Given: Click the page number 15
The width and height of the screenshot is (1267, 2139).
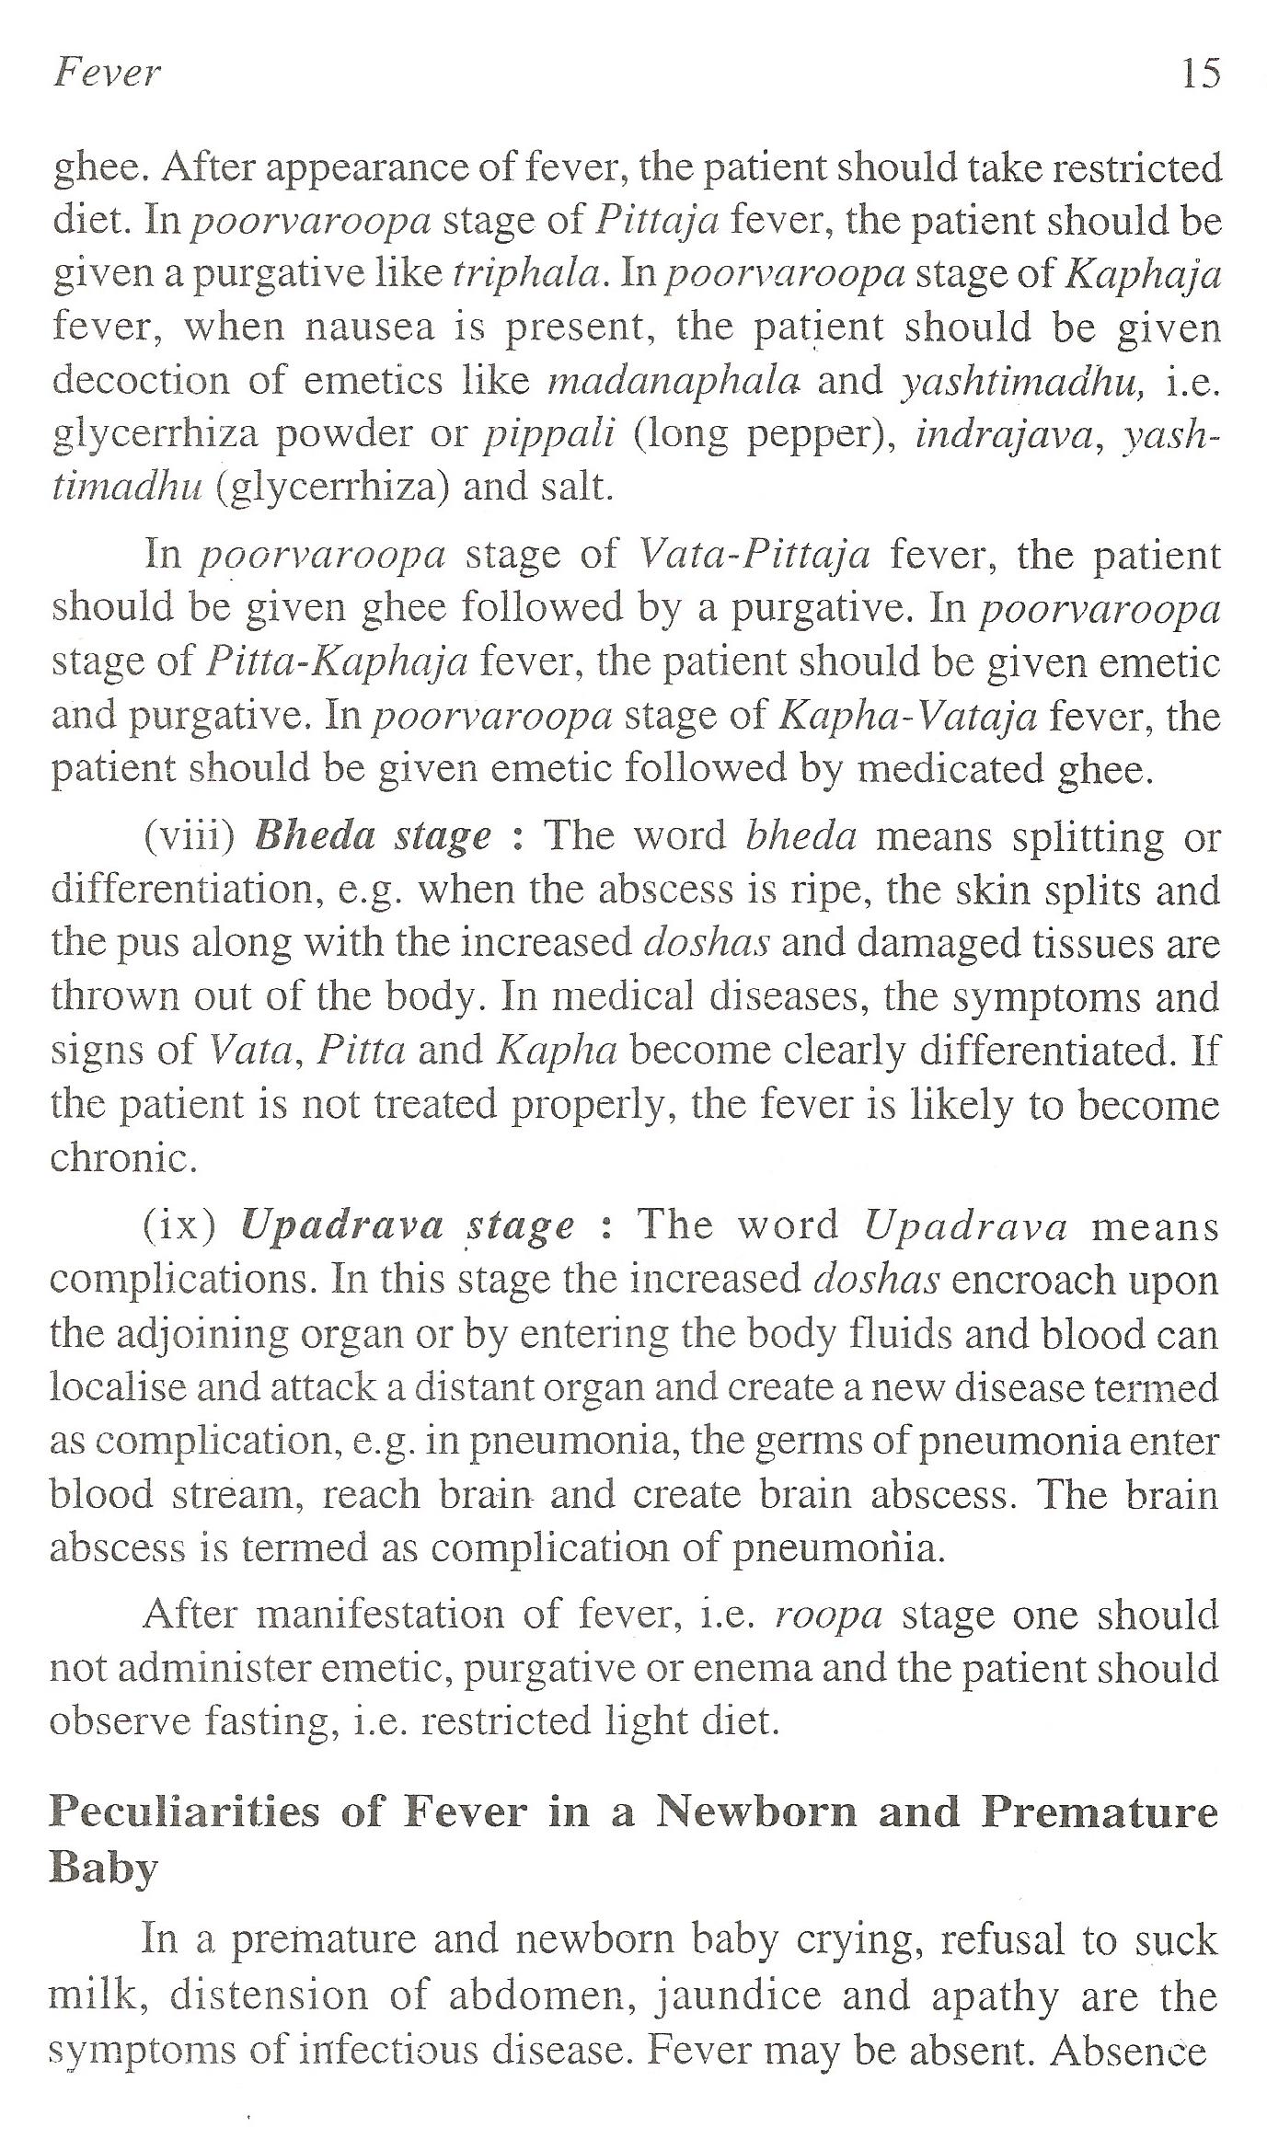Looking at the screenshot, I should click(x=1201, y=73).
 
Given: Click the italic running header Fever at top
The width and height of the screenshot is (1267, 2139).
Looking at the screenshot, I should click(x=107, y=73).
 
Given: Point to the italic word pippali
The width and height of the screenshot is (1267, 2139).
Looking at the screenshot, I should click(x=549, y=433).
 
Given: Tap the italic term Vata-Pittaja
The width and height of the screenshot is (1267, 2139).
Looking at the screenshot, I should click(x=754, y=555).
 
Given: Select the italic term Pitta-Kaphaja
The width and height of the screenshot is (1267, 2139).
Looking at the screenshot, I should click(x=338, y=661).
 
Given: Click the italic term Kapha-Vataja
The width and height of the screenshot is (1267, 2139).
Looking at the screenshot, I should click(x=907, y=715).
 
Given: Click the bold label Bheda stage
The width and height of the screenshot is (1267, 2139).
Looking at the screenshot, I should click(x=372, y=836).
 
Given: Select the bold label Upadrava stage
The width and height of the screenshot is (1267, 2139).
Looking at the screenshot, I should click(x=407, y=1225).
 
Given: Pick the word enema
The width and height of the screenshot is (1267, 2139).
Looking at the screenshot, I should click(x=751, y=1668).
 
